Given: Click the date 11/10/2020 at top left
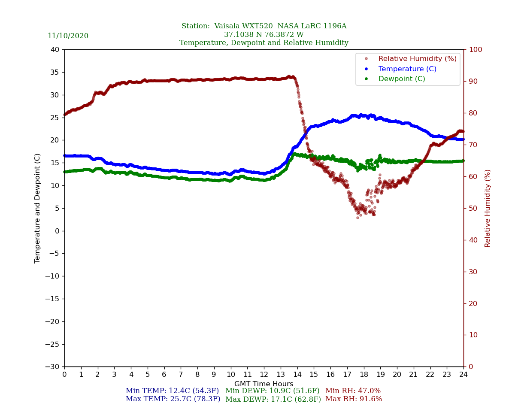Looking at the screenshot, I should [68, 36].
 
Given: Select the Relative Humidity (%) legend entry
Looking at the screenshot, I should [417, 59].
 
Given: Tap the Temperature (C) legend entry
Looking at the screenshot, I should [407, 69].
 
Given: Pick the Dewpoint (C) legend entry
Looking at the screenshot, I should [401, 79].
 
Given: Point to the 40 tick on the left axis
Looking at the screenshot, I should [55, 50].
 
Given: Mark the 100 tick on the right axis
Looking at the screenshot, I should [475, 50].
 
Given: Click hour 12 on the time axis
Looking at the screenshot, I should [264, 375].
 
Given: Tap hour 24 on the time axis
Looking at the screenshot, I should [463, 375].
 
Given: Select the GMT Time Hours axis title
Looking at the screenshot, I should [264, 384].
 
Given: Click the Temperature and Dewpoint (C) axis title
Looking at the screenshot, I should [38, 208].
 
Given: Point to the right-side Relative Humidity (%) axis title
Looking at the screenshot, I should [488, 208].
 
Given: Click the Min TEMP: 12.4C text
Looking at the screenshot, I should [172, 391].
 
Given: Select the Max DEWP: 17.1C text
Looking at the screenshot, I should [273, 399].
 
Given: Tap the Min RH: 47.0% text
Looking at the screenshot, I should [353, 391].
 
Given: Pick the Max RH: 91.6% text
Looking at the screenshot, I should [354, 399].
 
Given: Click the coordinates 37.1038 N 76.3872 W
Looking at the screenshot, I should [264, 35].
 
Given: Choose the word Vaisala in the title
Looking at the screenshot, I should [228, 26].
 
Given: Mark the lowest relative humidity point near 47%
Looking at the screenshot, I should [357, 218].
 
